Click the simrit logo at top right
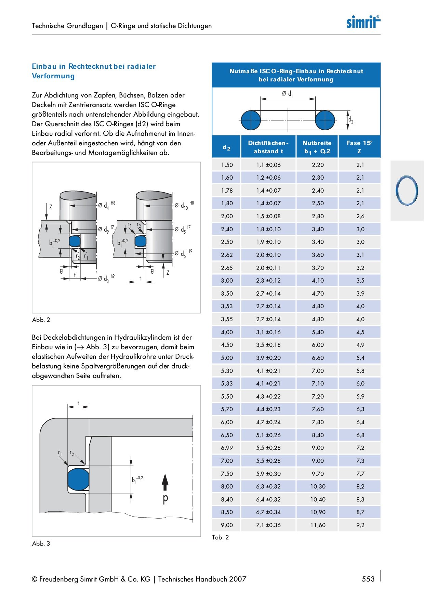pos(363,22)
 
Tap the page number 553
pos(368,579)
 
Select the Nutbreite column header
pos(317,147)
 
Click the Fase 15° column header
pos(359,147)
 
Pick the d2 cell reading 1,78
pos(227,191)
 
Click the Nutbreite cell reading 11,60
pos(318,525)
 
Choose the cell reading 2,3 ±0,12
pos(268,281)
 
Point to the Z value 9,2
pos(360,525)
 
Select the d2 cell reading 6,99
pos(227,448)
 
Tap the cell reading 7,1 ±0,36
pos(268,525)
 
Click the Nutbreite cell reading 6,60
pos(318,358)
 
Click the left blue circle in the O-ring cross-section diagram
pos(251,120)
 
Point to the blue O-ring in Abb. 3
pos(78,479)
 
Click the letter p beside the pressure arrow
pos(165,499)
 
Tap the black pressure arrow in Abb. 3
pos(165,482)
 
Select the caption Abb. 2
pos(41,320)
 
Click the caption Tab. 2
pos(220,537)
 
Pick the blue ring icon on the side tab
pos(407,191)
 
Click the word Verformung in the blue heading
pos(53,76)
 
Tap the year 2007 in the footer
pos(238,579)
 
